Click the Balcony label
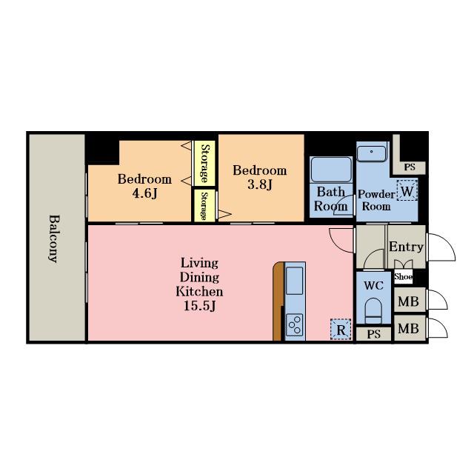coord(53,238)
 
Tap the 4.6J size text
coord(145,193)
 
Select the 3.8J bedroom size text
coord(260,184)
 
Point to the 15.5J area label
coord(200,306)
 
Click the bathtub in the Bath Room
coord(331,170)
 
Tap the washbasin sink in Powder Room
coord(372,153)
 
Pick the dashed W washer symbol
coord(407,190)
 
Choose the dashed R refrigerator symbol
coord(341,329)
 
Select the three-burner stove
coord(295,325)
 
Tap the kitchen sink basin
coord(294,281)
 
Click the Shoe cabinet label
coord(403,276)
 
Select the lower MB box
coord(410,328)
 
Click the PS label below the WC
coord(373,334)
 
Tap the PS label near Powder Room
coord(410,167)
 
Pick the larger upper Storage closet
coord(204,163)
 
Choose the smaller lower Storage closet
coord(204,206)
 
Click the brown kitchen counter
coord(278,301)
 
